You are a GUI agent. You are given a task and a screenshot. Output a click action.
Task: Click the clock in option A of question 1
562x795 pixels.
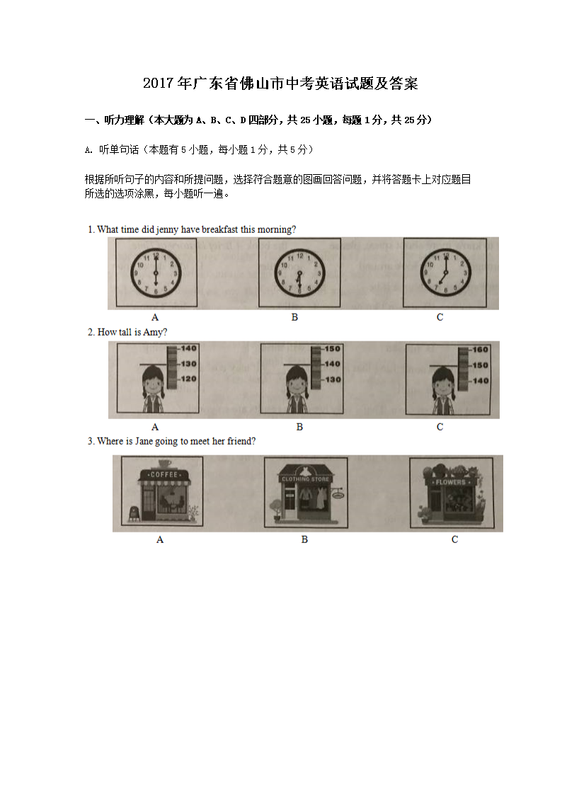156,273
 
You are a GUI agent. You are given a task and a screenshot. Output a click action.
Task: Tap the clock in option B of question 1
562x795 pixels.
299,273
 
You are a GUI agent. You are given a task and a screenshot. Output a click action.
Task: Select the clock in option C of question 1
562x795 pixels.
445,273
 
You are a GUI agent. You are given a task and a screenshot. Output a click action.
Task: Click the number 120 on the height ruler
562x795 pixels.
188,379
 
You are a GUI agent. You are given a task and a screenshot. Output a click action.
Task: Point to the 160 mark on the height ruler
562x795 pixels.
480,349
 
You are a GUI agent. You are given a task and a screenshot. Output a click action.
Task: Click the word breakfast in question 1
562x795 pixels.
219,229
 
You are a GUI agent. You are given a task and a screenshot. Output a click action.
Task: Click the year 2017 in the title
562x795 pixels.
159,83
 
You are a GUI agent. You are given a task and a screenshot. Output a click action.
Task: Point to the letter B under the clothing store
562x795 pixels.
304,539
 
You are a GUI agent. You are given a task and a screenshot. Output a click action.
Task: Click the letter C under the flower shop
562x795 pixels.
454,539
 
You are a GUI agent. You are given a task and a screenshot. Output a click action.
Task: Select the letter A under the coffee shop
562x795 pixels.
160,540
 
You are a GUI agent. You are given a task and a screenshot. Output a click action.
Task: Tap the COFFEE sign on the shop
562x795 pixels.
164,474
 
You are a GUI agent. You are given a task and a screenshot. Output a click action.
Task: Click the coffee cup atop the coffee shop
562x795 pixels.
165,464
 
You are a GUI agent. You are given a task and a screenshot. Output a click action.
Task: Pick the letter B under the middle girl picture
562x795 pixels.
299,427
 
